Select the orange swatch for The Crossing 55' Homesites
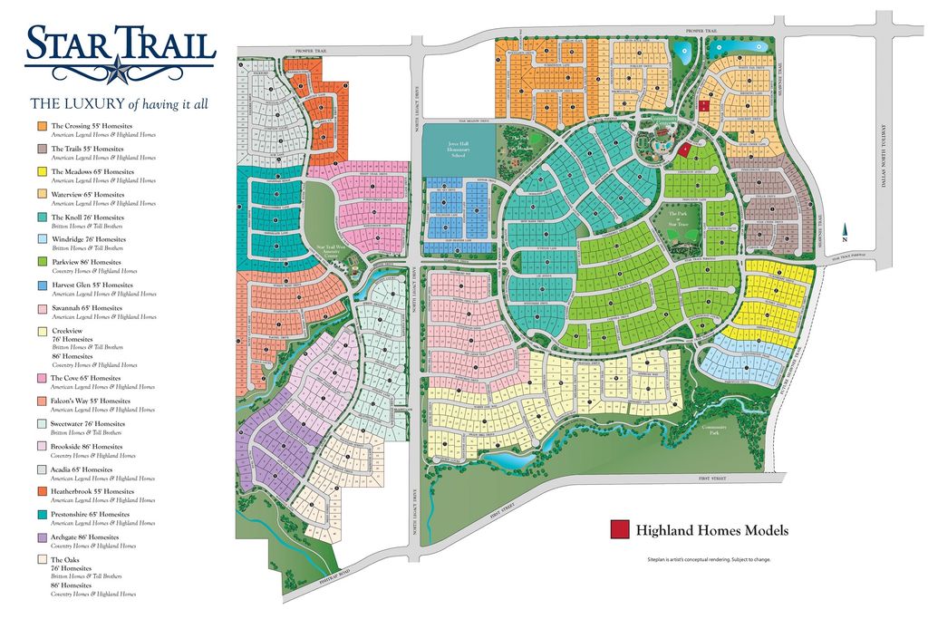pyautogui.click(x=42, y=126)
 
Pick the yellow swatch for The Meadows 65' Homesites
pyautogui.click(x=42, y=171)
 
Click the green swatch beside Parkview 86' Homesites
pyautogui.click(x=42, y=262)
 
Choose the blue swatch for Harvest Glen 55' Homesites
pyautogui.click(x=42, y=285)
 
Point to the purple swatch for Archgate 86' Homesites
pyautogui.click(x=42, y=537)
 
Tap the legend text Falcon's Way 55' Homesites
pyautogui.click(x=91, y=401)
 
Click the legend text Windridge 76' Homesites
pyautogui.click(x=90, y=239)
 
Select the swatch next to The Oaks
pyautogui.click(x=42, y=560)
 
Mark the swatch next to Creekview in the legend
pyautogui.click(x=42, y=332)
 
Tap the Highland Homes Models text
pyautogui.click(x=711, y=531)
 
